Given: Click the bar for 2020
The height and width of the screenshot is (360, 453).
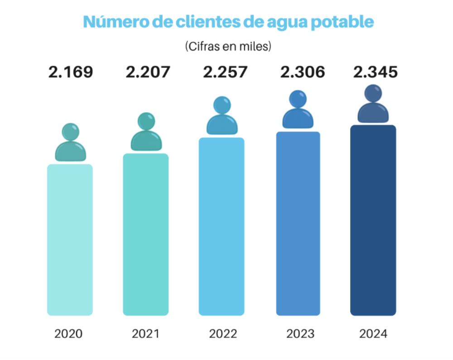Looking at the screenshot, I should click(70, 240).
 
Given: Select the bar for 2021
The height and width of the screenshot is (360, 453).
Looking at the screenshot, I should click(146, 234).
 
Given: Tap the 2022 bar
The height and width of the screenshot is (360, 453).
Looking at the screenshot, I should click(222, 226).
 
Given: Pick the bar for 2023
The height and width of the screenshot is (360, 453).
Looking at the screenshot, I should click(298, 223).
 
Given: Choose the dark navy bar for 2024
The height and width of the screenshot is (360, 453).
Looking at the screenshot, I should click(373, 220).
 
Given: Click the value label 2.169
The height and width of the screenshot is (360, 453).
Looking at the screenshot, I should click(71, 72).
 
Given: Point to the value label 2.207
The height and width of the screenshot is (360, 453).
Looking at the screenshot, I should click(148, 72).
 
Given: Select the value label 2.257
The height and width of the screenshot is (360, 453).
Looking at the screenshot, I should click(226, 72).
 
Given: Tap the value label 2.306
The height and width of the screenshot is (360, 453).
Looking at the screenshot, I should click(303, 72).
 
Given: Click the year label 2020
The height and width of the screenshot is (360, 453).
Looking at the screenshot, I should click(68, 334).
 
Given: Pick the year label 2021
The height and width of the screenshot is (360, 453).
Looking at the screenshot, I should click(145, 334).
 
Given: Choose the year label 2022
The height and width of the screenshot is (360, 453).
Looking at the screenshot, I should click(223, 334).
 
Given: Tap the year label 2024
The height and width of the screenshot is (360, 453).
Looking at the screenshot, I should click(373, 334).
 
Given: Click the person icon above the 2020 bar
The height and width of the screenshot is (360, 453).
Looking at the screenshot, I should click(70, 143).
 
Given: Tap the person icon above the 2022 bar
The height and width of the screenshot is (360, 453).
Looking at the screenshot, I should click(222, 116).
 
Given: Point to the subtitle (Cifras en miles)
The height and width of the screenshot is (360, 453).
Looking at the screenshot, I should click(228, 46).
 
